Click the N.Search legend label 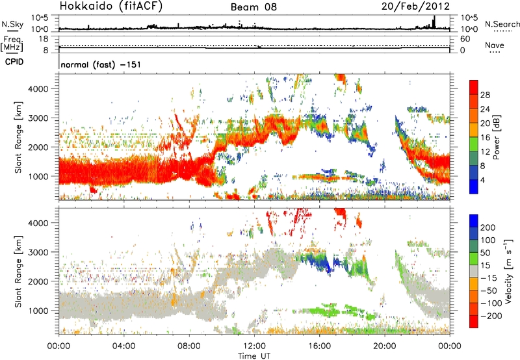click(x=500, y=23)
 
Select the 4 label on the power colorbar click(x=484, y=178)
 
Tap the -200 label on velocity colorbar click(x=490, y=315)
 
